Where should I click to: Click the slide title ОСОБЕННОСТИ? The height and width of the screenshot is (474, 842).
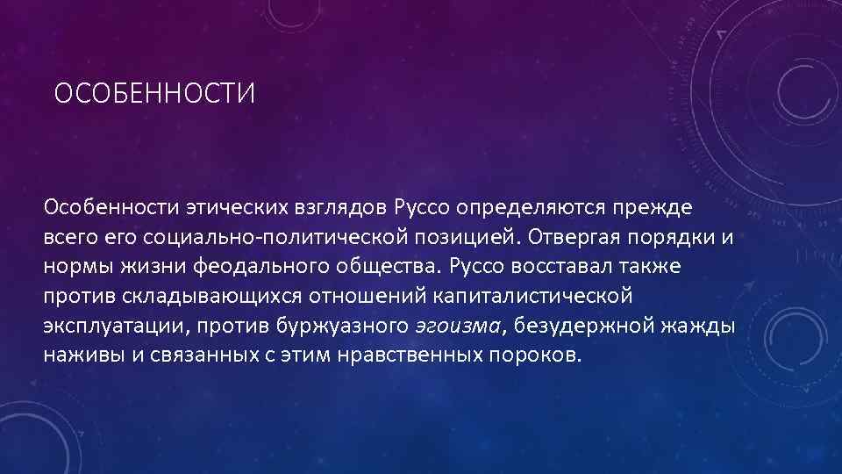(154, 92)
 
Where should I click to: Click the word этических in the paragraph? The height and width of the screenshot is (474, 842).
(226, 207)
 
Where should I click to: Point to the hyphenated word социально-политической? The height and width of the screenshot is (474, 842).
(289, 237)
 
